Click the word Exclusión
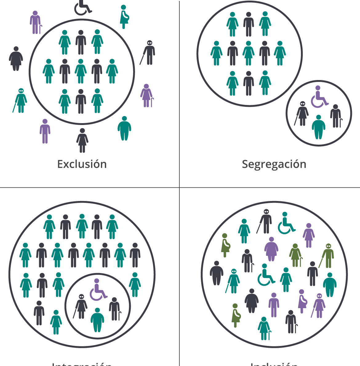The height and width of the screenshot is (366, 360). (x=82, y=164)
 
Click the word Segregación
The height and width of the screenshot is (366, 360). (x=274, y=164)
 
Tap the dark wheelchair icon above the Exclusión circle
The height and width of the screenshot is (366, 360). (x=82, y=8)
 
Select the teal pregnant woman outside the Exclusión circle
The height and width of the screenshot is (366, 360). (x=124, y=17)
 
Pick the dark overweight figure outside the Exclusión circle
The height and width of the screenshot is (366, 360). (x=16, y=58)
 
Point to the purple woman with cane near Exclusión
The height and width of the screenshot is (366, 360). (x=146, y=96)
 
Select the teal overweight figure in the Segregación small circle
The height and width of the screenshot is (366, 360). (x=318, y=127)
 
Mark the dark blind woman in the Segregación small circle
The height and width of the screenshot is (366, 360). (x=302, y=113)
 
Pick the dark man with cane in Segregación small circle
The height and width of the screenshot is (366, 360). (x=336, y=116)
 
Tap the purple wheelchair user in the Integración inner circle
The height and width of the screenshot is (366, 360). (x=98, y=290)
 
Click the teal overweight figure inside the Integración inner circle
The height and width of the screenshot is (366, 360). (x=98, y=320)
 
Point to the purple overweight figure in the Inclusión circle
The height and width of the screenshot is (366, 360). (x=271, y=249)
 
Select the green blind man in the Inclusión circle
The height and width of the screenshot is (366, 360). (x=328, y=255)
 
